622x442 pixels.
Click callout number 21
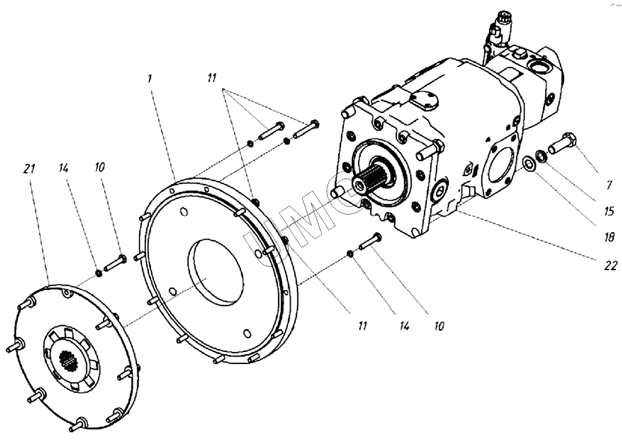(x=29, y=169)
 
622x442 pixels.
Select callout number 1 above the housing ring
(x=149, y=79)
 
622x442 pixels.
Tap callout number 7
(x=609, y=185)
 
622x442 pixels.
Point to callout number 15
(x=609, y=211)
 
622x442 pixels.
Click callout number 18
(x=609, y=237)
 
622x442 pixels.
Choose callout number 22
(x=611, y=265)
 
